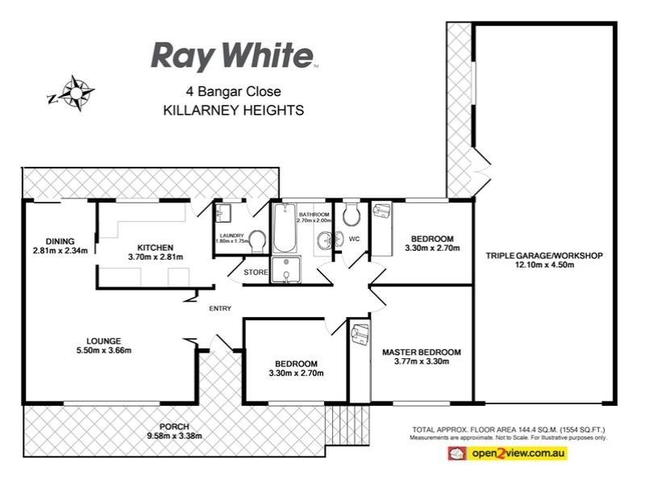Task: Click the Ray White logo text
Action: click(232, 56)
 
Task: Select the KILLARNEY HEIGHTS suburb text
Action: click(233, 111)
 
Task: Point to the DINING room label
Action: click(60, 240)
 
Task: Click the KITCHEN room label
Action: click(156, 247)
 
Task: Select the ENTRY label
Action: click(220, 308)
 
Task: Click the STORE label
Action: click(256, 273)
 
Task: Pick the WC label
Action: click(354, 238)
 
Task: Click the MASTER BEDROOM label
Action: click(421, 352)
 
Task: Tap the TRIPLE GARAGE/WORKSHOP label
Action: click(544, 256)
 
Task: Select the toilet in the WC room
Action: click(350, 215)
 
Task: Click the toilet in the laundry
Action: click(258, 240)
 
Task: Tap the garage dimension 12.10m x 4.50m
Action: click(544, 266)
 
